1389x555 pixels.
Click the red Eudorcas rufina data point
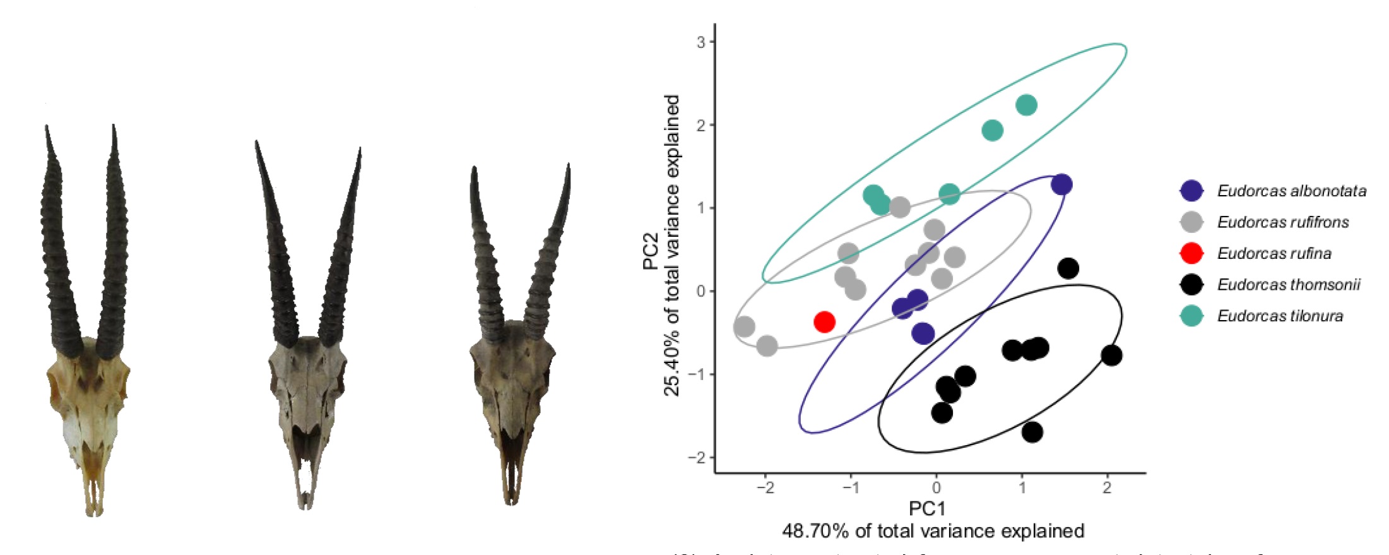[x=824, y=322]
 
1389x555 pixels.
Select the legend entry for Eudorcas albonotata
[x=1291, y=191]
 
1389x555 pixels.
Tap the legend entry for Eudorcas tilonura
[x=1280, y=316]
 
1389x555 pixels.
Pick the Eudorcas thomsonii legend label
[x=1288, y=285]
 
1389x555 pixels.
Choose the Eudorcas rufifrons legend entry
[x=1282, y=222]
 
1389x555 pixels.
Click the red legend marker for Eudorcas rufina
[x=1191, y=253]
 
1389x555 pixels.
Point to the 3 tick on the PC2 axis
[x=701, y=42]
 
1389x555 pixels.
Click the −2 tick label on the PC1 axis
[x=765, y=488]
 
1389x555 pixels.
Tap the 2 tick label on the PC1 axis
[x=1107, y=488]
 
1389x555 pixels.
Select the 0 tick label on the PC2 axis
[x=701, y=291]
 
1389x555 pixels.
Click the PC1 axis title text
[x=927, y=508]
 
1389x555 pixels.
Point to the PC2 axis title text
[x=651, y=251]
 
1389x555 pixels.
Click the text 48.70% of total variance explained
[x=933, y=531]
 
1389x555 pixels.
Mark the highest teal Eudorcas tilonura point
[x=1027, y=105]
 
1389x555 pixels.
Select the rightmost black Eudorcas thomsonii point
[x=1111, y=355]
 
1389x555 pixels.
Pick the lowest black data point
[x=1032, y=433]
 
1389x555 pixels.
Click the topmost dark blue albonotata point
[x=1061, y=184]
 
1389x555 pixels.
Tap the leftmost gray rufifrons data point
[x=745, y=327]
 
